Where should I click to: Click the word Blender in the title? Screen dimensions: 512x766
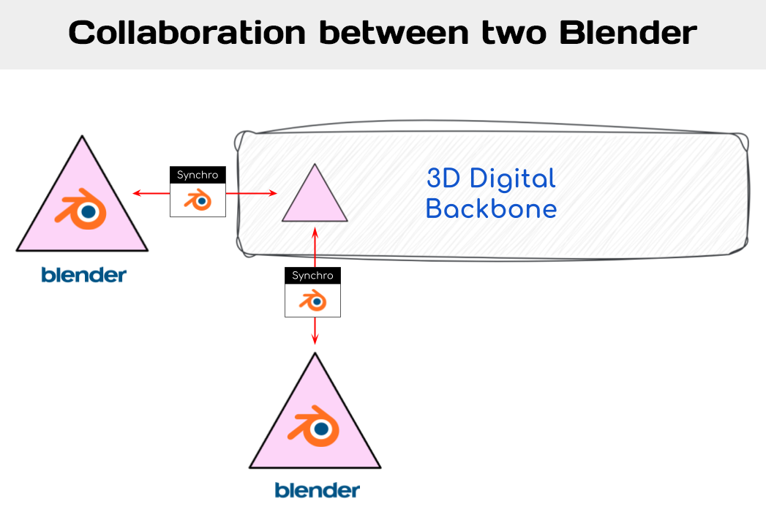(x=634, y=33)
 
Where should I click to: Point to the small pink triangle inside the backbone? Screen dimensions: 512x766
(x=315, y=197)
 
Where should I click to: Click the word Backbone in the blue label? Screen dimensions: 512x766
(x=491, y=209)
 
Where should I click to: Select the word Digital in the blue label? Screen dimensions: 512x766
(x=512, y=178)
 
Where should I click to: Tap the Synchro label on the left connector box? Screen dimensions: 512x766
(x=198, y=175)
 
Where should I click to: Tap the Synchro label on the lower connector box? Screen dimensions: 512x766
(x=312, y=276)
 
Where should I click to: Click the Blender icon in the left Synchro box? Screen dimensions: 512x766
(x=198, y=199)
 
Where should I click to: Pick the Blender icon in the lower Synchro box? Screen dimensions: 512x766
(x=312, y=300)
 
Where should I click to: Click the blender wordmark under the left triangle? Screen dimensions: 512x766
(x=83, y=275)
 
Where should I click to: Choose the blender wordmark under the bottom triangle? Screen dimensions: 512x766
(x=317, y=489)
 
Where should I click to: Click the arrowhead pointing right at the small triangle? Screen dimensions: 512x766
(x=274, y=193)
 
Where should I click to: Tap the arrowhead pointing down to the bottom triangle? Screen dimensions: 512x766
(x=315, y=339)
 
